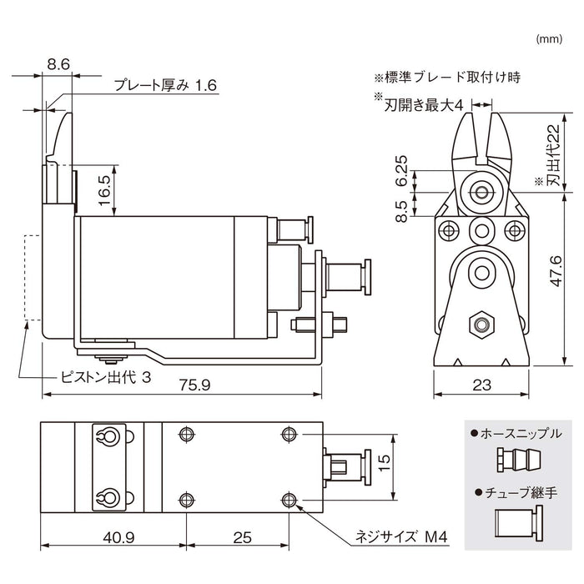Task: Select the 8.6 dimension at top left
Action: [58, 62]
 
